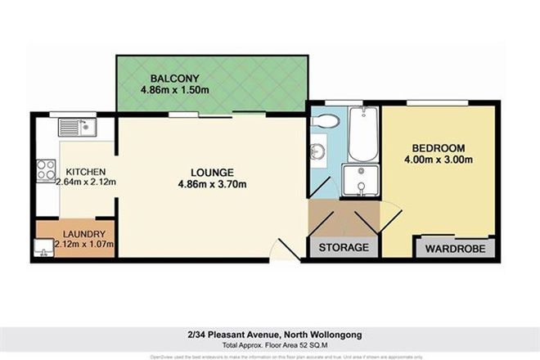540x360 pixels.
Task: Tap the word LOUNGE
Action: (212, 173)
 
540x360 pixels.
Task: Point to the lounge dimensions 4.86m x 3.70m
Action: (212, 185)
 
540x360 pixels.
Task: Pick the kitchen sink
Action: (77, 127)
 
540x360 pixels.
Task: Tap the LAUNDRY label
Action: (79, 231)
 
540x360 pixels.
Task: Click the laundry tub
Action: (41, 245)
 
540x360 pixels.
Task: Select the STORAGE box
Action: (344, 246)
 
